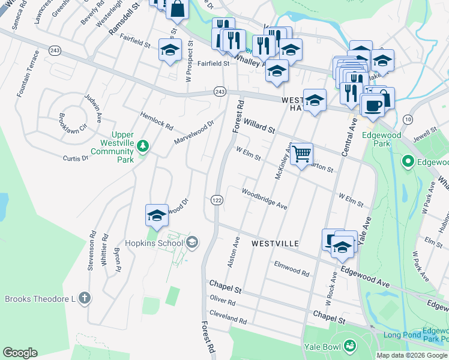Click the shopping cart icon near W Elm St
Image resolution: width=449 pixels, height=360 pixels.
[x=302, y=154]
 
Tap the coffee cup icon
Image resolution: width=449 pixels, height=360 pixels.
[x=372, y=106]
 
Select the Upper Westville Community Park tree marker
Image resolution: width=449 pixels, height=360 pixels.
[x=143, y=146]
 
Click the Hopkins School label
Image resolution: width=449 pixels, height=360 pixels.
[x=152, y=243]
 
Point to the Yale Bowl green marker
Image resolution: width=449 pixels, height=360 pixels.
[x=350, y=346]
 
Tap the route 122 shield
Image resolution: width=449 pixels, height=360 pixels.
[x=217, y=200]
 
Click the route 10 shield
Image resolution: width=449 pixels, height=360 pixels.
[x=408, y=119]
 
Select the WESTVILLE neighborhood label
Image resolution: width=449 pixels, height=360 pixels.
[x=275, y=244]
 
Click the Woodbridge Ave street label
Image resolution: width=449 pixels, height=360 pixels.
[x=265, y=199]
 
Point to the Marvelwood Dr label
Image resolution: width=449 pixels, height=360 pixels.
[x=194, y=133]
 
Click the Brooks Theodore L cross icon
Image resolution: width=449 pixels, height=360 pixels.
[x=85, y=298]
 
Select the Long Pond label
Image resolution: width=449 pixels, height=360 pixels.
[x=400, y=335]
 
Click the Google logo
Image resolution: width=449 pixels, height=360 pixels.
[x=20, y=353]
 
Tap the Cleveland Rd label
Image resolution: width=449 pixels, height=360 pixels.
[x=228, y=317]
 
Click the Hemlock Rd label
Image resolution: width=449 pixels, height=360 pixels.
[x=156, y=122]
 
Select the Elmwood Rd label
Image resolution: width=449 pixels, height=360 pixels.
[x=291, y=268]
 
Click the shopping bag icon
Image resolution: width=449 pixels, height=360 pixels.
[x=178, y=8]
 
